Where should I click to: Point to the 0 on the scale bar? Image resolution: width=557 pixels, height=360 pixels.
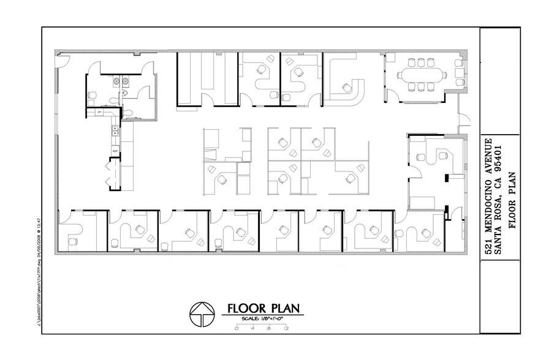tap(236, 329)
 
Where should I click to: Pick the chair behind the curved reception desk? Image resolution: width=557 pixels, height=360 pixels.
tap(348, 87)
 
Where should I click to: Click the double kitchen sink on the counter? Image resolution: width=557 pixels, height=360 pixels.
tap(113, 130)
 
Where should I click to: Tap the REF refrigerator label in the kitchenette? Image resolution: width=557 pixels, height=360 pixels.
tap(115, 151)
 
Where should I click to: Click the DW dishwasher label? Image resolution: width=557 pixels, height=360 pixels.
tap(99, 113)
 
